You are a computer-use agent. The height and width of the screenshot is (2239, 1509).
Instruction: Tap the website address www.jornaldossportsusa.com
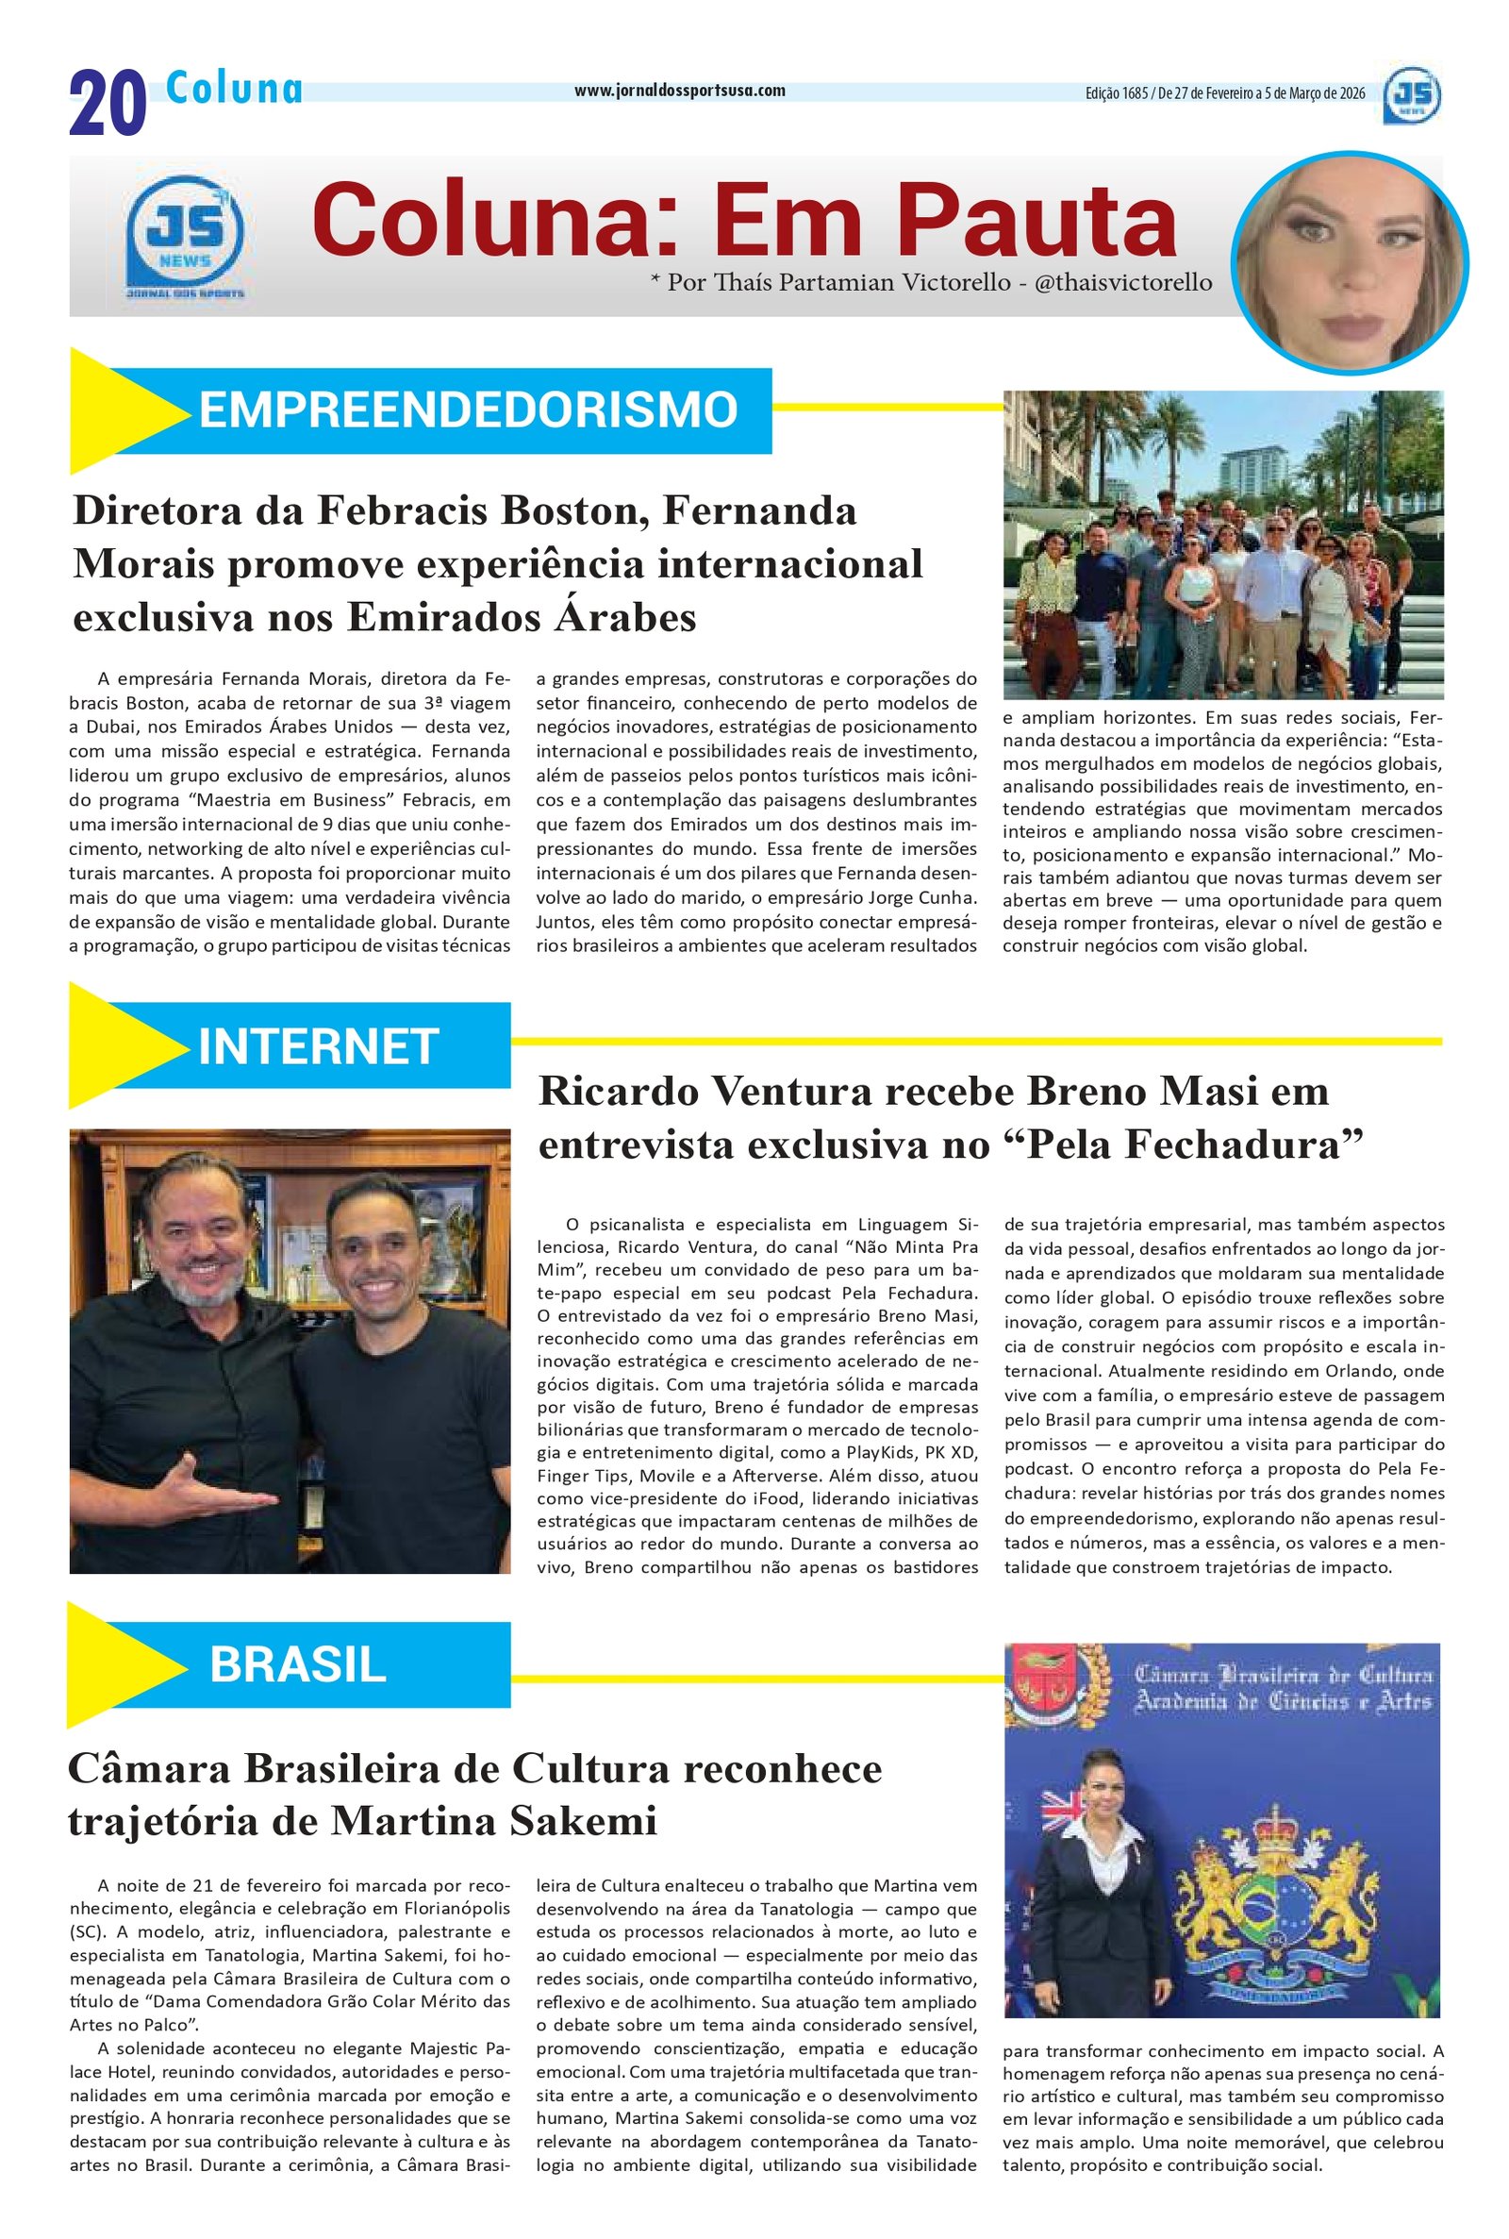click(679, 91)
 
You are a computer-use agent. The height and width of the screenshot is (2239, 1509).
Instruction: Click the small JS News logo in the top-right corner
click(1413, 100)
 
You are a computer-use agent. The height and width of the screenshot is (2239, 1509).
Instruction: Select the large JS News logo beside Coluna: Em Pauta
click(185, 235)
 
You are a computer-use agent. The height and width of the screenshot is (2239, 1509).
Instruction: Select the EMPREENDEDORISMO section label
click(468, 410)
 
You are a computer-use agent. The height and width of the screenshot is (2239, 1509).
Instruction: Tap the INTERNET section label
click(319, 1046)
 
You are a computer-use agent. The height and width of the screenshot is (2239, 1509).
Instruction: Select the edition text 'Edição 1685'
click(1116, 93)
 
